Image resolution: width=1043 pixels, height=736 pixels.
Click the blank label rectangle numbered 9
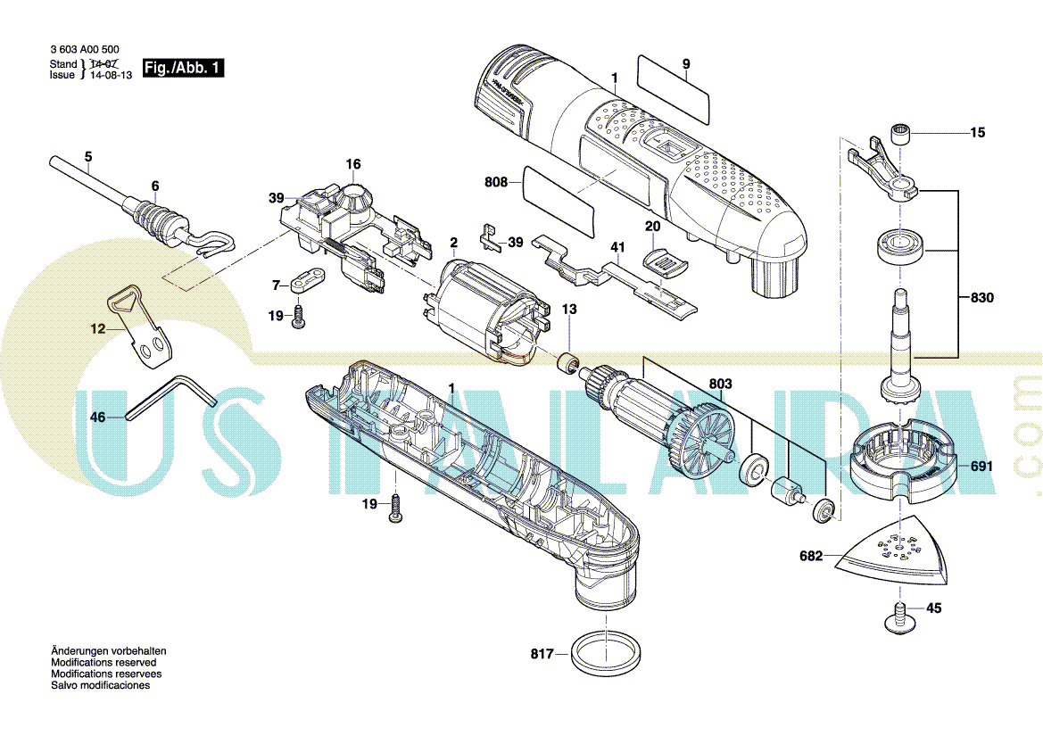coord(675,88)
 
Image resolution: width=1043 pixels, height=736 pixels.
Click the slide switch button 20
coord(665,258)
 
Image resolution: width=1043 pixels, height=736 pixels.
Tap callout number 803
coord(720,385)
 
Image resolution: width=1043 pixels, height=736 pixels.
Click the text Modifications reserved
coord(103,663)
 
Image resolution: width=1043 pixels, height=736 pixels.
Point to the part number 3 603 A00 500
coord(85,51)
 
